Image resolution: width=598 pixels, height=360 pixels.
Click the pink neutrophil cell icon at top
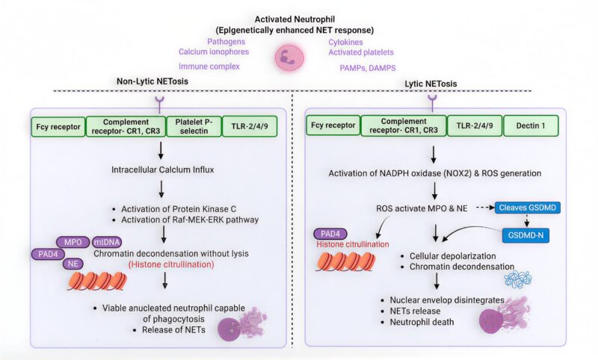[x=289, y=57]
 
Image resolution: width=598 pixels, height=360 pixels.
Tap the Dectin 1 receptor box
[x=533, y=126]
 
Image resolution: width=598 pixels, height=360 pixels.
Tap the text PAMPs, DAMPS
[x=365, y=69]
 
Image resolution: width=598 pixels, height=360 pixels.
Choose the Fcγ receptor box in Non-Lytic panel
[x=57, y=126]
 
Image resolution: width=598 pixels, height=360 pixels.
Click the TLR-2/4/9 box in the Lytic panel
[x=474, y=126]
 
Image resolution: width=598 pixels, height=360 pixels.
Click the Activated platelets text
[x=361, y=52]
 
